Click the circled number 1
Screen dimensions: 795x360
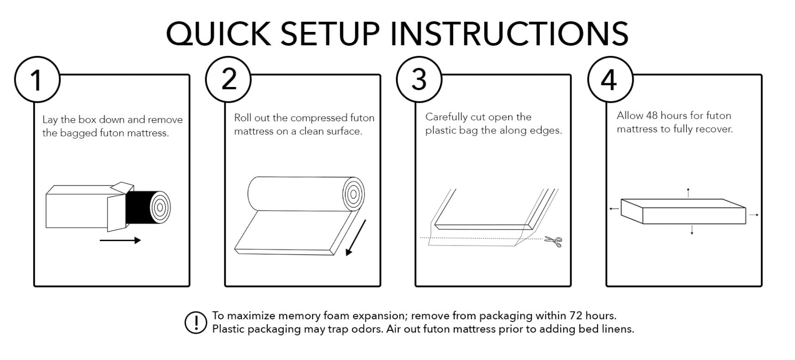(37, 80)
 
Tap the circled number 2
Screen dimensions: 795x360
(228, 80)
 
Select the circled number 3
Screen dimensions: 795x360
(419, 80)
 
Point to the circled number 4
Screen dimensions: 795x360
(610, 80)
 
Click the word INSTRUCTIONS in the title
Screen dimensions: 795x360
(512, 33)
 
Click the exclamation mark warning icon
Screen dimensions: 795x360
(195, 322)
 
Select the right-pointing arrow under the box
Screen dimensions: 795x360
(120, 240)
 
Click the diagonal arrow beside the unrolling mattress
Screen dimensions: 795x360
(356, 237)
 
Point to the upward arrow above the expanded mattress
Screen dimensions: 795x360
(689, 193)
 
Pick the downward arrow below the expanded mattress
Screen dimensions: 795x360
(692, 230)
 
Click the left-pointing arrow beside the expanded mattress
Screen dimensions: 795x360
(614, 209)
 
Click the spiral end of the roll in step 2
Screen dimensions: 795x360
(354, 193)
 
